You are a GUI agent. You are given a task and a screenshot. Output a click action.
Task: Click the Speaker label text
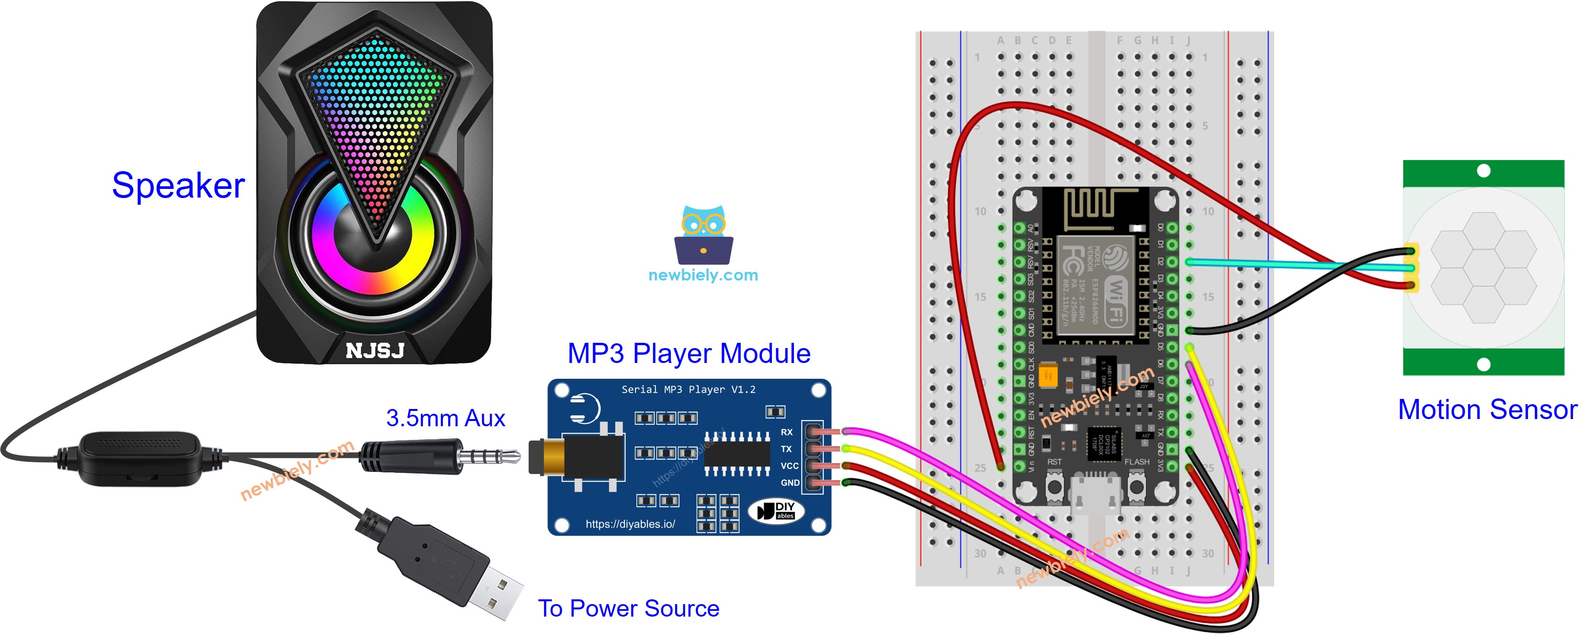178,186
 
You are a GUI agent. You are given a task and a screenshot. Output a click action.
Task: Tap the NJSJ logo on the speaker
374,351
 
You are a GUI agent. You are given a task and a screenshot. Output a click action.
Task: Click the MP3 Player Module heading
689,354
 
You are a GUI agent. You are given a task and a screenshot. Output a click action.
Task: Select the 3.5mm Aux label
445,418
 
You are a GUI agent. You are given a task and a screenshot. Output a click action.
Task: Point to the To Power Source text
628,608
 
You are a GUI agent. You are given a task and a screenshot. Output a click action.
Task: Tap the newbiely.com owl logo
703,235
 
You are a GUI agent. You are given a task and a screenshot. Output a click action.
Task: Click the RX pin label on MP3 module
786,432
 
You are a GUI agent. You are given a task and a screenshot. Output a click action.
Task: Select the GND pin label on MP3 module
790,483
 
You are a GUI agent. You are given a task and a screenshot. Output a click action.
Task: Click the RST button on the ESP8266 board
1054,487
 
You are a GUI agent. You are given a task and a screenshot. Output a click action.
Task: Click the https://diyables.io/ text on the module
630,524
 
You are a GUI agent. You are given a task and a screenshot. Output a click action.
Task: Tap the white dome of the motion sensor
1483,268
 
